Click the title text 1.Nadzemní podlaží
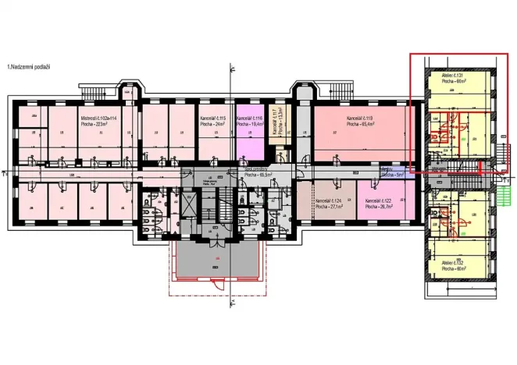(x=29, y=69)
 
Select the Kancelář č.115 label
(x=212, y=118)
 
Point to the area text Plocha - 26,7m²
(x=377, y=207)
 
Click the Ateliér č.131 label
(x=452, y=75)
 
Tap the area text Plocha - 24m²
(x=211, y=124)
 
